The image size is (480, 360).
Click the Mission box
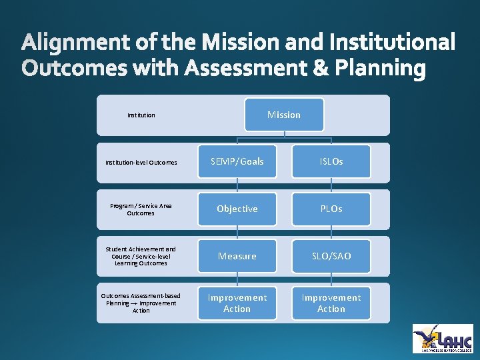point(284,115)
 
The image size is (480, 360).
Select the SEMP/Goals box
point(237,161)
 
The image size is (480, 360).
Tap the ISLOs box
point(331,161)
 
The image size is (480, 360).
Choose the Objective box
point(237,209)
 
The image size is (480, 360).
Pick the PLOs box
point(331,209)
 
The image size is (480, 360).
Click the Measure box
point(237,256)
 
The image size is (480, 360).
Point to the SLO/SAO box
point(331,256)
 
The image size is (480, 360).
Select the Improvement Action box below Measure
point(237,303)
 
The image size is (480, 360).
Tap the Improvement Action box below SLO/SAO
point(331,303)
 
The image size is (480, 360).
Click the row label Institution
point(141,115)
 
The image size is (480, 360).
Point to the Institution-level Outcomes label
point(141,162)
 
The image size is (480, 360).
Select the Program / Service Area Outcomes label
point(141,209)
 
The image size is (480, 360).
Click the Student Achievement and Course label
point(141,256)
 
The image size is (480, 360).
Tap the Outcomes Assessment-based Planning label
point(141,303)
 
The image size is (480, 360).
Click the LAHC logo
point(443,338)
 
